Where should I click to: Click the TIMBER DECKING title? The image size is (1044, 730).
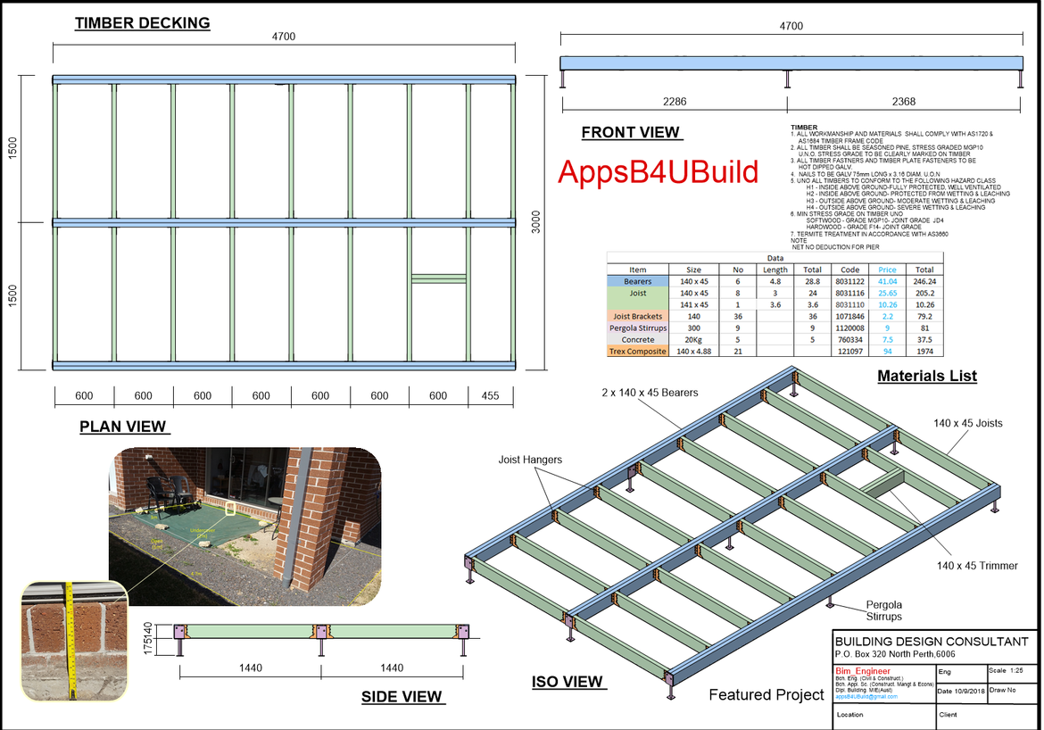143,23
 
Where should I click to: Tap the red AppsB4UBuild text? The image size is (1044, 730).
658,172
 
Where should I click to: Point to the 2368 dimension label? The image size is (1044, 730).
903,102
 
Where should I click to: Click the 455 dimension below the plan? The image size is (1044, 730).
490,396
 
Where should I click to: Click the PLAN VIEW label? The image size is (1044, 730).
123,427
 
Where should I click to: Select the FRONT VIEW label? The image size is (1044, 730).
631,132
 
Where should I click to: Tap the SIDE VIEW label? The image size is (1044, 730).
401,696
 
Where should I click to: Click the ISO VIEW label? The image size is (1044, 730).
568,682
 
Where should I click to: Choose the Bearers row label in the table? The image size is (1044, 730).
638,281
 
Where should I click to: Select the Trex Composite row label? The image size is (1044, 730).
638,352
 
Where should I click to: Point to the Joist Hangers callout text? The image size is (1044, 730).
530,460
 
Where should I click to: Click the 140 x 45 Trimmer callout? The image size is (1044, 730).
977,566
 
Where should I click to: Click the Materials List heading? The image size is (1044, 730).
926,376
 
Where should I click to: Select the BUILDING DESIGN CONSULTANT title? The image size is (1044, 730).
932,642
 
